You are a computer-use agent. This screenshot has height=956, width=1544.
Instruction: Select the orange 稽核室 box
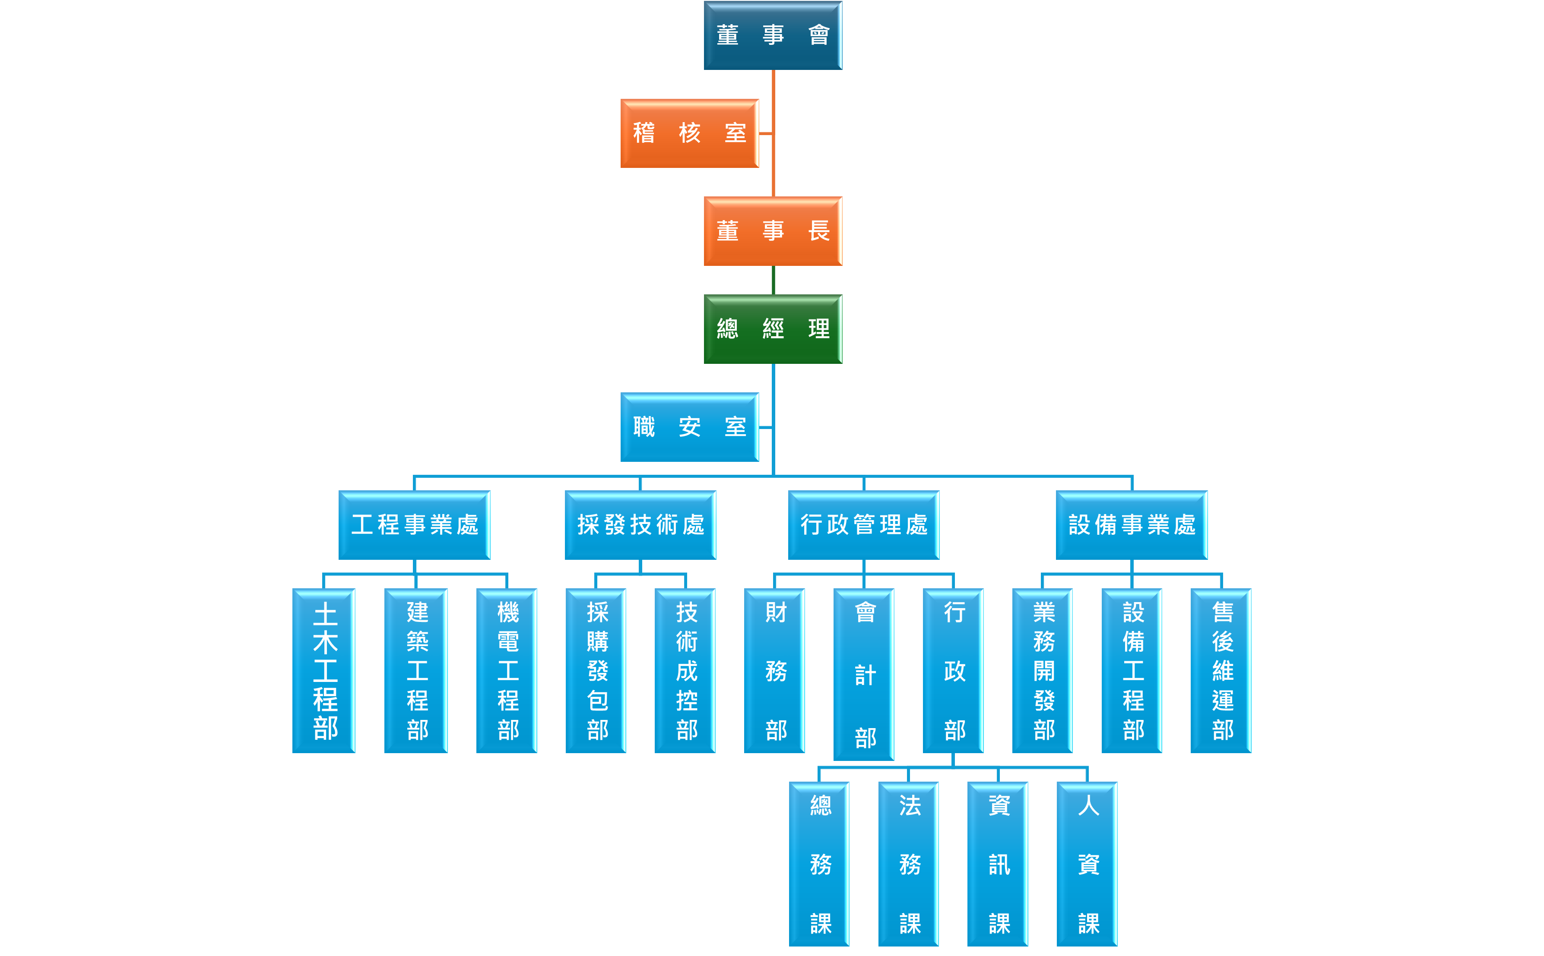[x=689, y=133]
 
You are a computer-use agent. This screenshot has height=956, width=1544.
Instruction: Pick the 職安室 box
[x=689, y=427]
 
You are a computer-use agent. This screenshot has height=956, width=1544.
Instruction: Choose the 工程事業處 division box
[x=414, y=525]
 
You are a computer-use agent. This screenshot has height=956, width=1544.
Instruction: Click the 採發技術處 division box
[x=640, y=525]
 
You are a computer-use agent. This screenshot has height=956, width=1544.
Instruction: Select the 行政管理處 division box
[x=863, y=525]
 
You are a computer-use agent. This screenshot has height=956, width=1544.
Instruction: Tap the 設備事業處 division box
[x=1132, y=525]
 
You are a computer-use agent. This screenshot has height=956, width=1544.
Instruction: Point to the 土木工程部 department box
[x=324, y=670]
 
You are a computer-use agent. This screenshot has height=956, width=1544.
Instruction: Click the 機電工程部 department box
[x=507, y=670]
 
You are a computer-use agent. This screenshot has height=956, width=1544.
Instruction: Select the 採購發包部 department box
[x=596, y=670]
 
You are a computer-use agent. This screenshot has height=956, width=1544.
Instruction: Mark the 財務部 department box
[x=774, y=670]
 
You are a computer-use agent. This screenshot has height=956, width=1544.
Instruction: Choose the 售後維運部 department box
[x=1221, y=670]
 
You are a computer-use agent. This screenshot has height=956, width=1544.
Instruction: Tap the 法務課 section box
[x=908, y=864]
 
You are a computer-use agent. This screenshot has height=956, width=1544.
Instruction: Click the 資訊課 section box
[x=998, y=864]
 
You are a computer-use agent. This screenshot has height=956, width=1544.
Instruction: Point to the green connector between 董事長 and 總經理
[x=773, y=280]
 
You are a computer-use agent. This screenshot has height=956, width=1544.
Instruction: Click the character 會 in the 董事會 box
[x=818, y=35]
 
